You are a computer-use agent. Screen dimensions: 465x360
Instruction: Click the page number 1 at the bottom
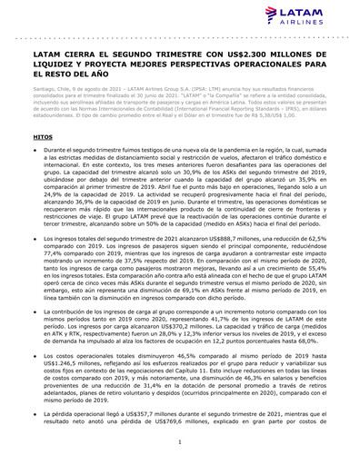pyautogui.click(x=180, y=441)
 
